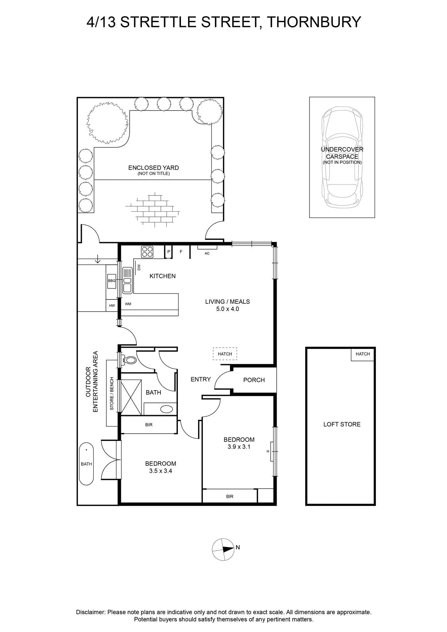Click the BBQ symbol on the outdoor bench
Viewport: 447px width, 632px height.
click(112, 281)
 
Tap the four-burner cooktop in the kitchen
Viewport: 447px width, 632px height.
click(147, 252)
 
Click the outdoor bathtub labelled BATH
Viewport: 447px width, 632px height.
click(86, 464)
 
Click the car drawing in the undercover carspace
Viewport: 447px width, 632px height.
click(342, 158)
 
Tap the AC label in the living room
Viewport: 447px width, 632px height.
click(207, 253)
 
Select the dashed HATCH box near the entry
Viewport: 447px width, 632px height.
click(225, 354)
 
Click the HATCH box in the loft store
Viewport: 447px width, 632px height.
click(363, 354)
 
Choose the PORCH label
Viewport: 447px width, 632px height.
click(254, 380)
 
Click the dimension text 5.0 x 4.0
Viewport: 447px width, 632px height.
click(227, 309)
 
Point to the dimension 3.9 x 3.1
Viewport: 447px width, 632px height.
click(239, 447)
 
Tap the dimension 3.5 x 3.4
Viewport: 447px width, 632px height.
click(160, 470)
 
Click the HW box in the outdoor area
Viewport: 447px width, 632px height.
click(112, 306)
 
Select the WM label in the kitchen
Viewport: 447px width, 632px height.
click(128, 304)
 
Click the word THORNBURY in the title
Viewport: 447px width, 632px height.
click(314, 22)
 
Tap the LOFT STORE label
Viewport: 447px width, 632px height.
click(342, 424)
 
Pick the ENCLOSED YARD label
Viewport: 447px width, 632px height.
click(153, 168)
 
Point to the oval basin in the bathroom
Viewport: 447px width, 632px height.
click(167, 409)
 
